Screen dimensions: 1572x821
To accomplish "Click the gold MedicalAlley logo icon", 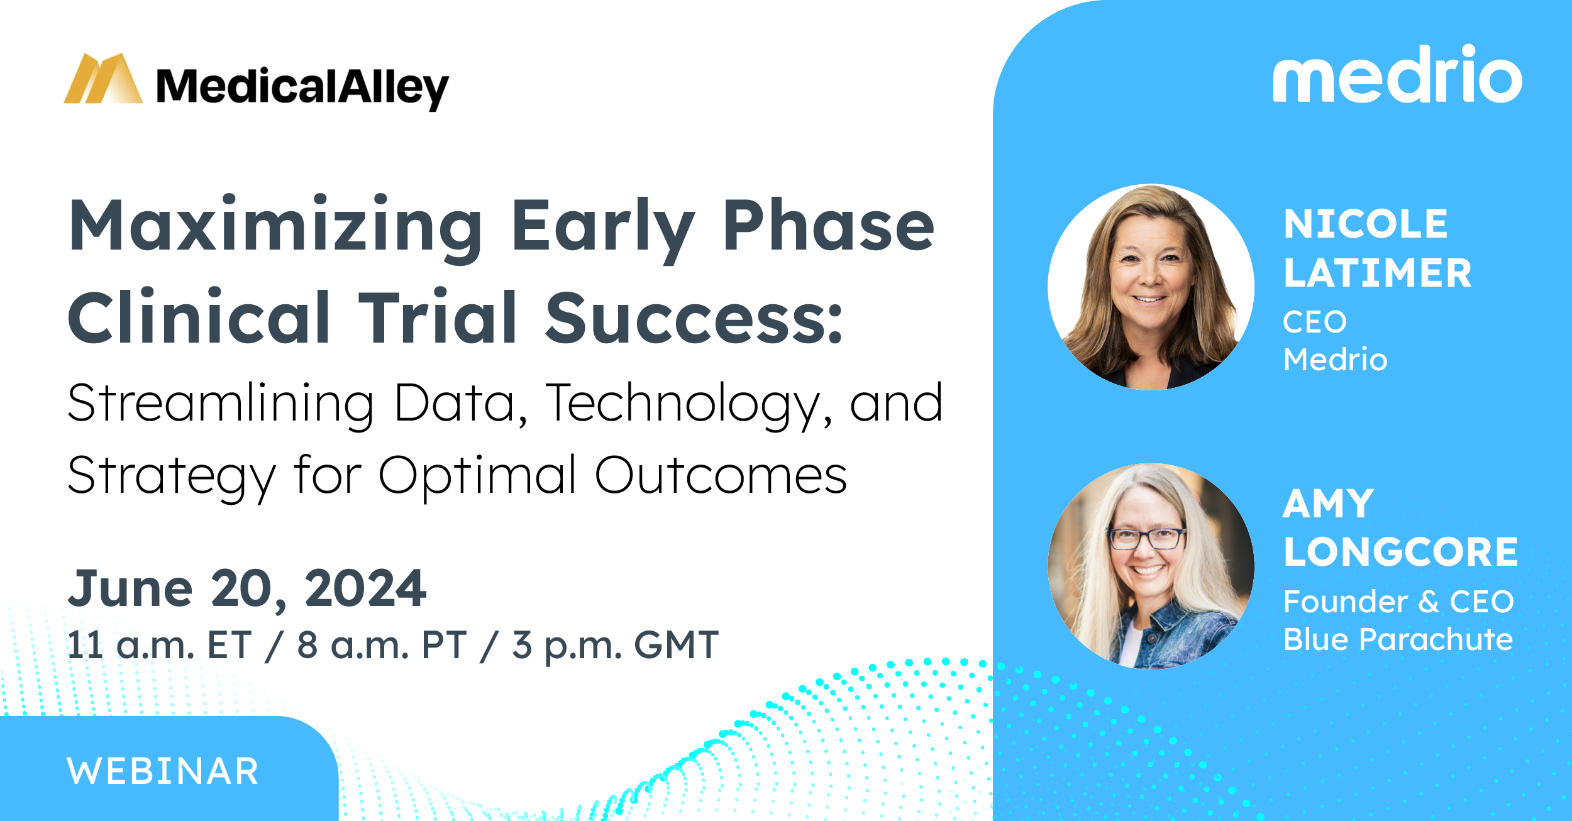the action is pos(103,78).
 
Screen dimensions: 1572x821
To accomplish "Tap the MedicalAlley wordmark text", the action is pos(302,87).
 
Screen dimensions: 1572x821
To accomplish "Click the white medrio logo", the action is pos(1397,74).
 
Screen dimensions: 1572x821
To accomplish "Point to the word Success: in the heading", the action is pos(694,318).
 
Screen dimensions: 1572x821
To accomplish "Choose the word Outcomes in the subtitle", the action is pos(721,475).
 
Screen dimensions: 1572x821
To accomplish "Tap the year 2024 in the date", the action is pos(365,588).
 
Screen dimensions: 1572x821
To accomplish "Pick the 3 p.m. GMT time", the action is pos(616,645).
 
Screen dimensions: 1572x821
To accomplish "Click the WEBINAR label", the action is pos(163,771).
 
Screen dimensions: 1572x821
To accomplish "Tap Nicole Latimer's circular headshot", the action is pos(1151,287).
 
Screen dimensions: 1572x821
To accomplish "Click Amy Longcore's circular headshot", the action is pos(1151,566).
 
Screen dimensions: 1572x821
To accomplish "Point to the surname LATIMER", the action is pos(1377,273).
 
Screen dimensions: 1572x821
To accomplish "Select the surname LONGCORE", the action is pos(1400,552).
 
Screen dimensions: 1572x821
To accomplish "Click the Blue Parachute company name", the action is pos(1398,639).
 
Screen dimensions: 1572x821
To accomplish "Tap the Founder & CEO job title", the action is pos(1398,602).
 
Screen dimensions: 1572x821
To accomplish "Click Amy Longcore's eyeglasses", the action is pos(1146,538).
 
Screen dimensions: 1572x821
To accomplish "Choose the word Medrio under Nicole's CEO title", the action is pos(1335,360).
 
